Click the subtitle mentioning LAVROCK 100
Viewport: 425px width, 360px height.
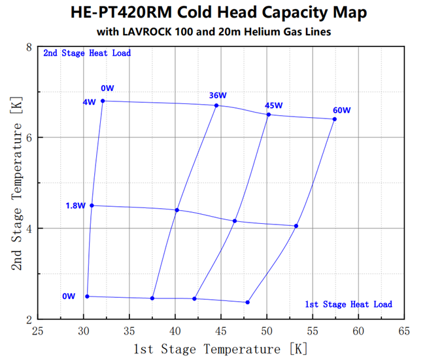click(x=214, y=32)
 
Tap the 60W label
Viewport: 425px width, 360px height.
click(x=341, y=110)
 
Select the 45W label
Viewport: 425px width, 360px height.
click(x=273, y=105)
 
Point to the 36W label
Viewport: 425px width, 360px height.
click(x=218, y=96)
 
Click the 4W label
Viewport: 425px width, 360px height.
click(x=90, y=101)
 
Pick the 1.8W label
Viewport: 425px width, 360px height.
click(x=75, y=206)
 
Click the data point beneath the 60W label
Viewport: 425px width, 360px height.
click(x=334, y=119)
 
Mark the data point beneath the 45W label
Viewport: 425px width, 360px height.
click(x=269, y=115)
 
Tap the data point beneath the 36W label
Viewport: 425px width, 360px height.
click(x=216, y=105)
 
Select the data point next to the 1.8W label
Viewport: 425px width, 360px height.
click(x=92, y=206)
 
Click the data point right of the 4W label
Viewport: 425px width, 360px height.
click(x=103, y=101)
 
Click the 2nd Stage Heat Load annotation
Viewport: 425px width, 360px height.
click(x=87, y=53)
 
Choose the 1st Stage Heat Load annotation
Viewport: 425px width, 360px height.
click(x=348, y=304)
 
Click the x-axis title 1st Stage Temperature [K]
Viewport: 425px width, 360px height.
click(x=220, y=348)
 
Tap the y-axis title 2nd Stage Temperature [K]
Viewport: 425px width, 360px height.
click(x=16, y=183)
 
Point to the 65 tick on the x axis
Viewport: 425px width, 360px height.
click(x=403, y=331)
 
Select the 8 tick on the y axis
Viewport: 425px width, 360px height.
click(x=29, y=47)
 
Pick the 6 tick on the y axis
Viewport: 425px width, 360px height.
click(x=29, y=137)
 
